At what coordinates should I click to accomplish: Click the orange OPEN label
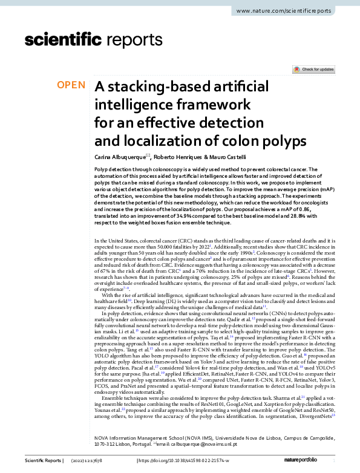pos(71,85)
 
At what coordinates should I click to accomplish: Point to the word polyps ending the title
pos(279,142)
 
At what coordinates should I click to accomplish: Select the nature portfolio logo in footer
pos(319,462)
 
